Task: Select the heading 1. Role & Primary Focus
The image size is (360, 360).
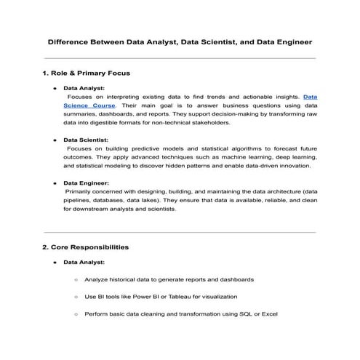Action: coord(87,73)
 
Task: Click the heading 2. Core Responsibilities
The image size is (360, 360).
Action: coord(86,247)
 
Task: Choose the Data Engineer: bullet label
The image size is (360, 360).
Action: coord(87,183)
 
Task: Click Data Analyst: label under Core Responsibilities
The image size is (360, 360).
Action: coord(84,262)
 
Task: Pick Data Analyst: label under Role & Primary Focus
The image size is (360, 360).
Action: coord(84,88)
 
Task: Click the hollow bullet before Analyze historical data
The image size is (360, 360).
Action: coord(76,279)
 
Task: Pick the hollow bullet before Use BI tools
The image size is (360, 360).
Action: coord(76,297)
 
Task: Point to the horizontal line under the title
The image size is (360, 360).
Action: coord(180,58)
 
